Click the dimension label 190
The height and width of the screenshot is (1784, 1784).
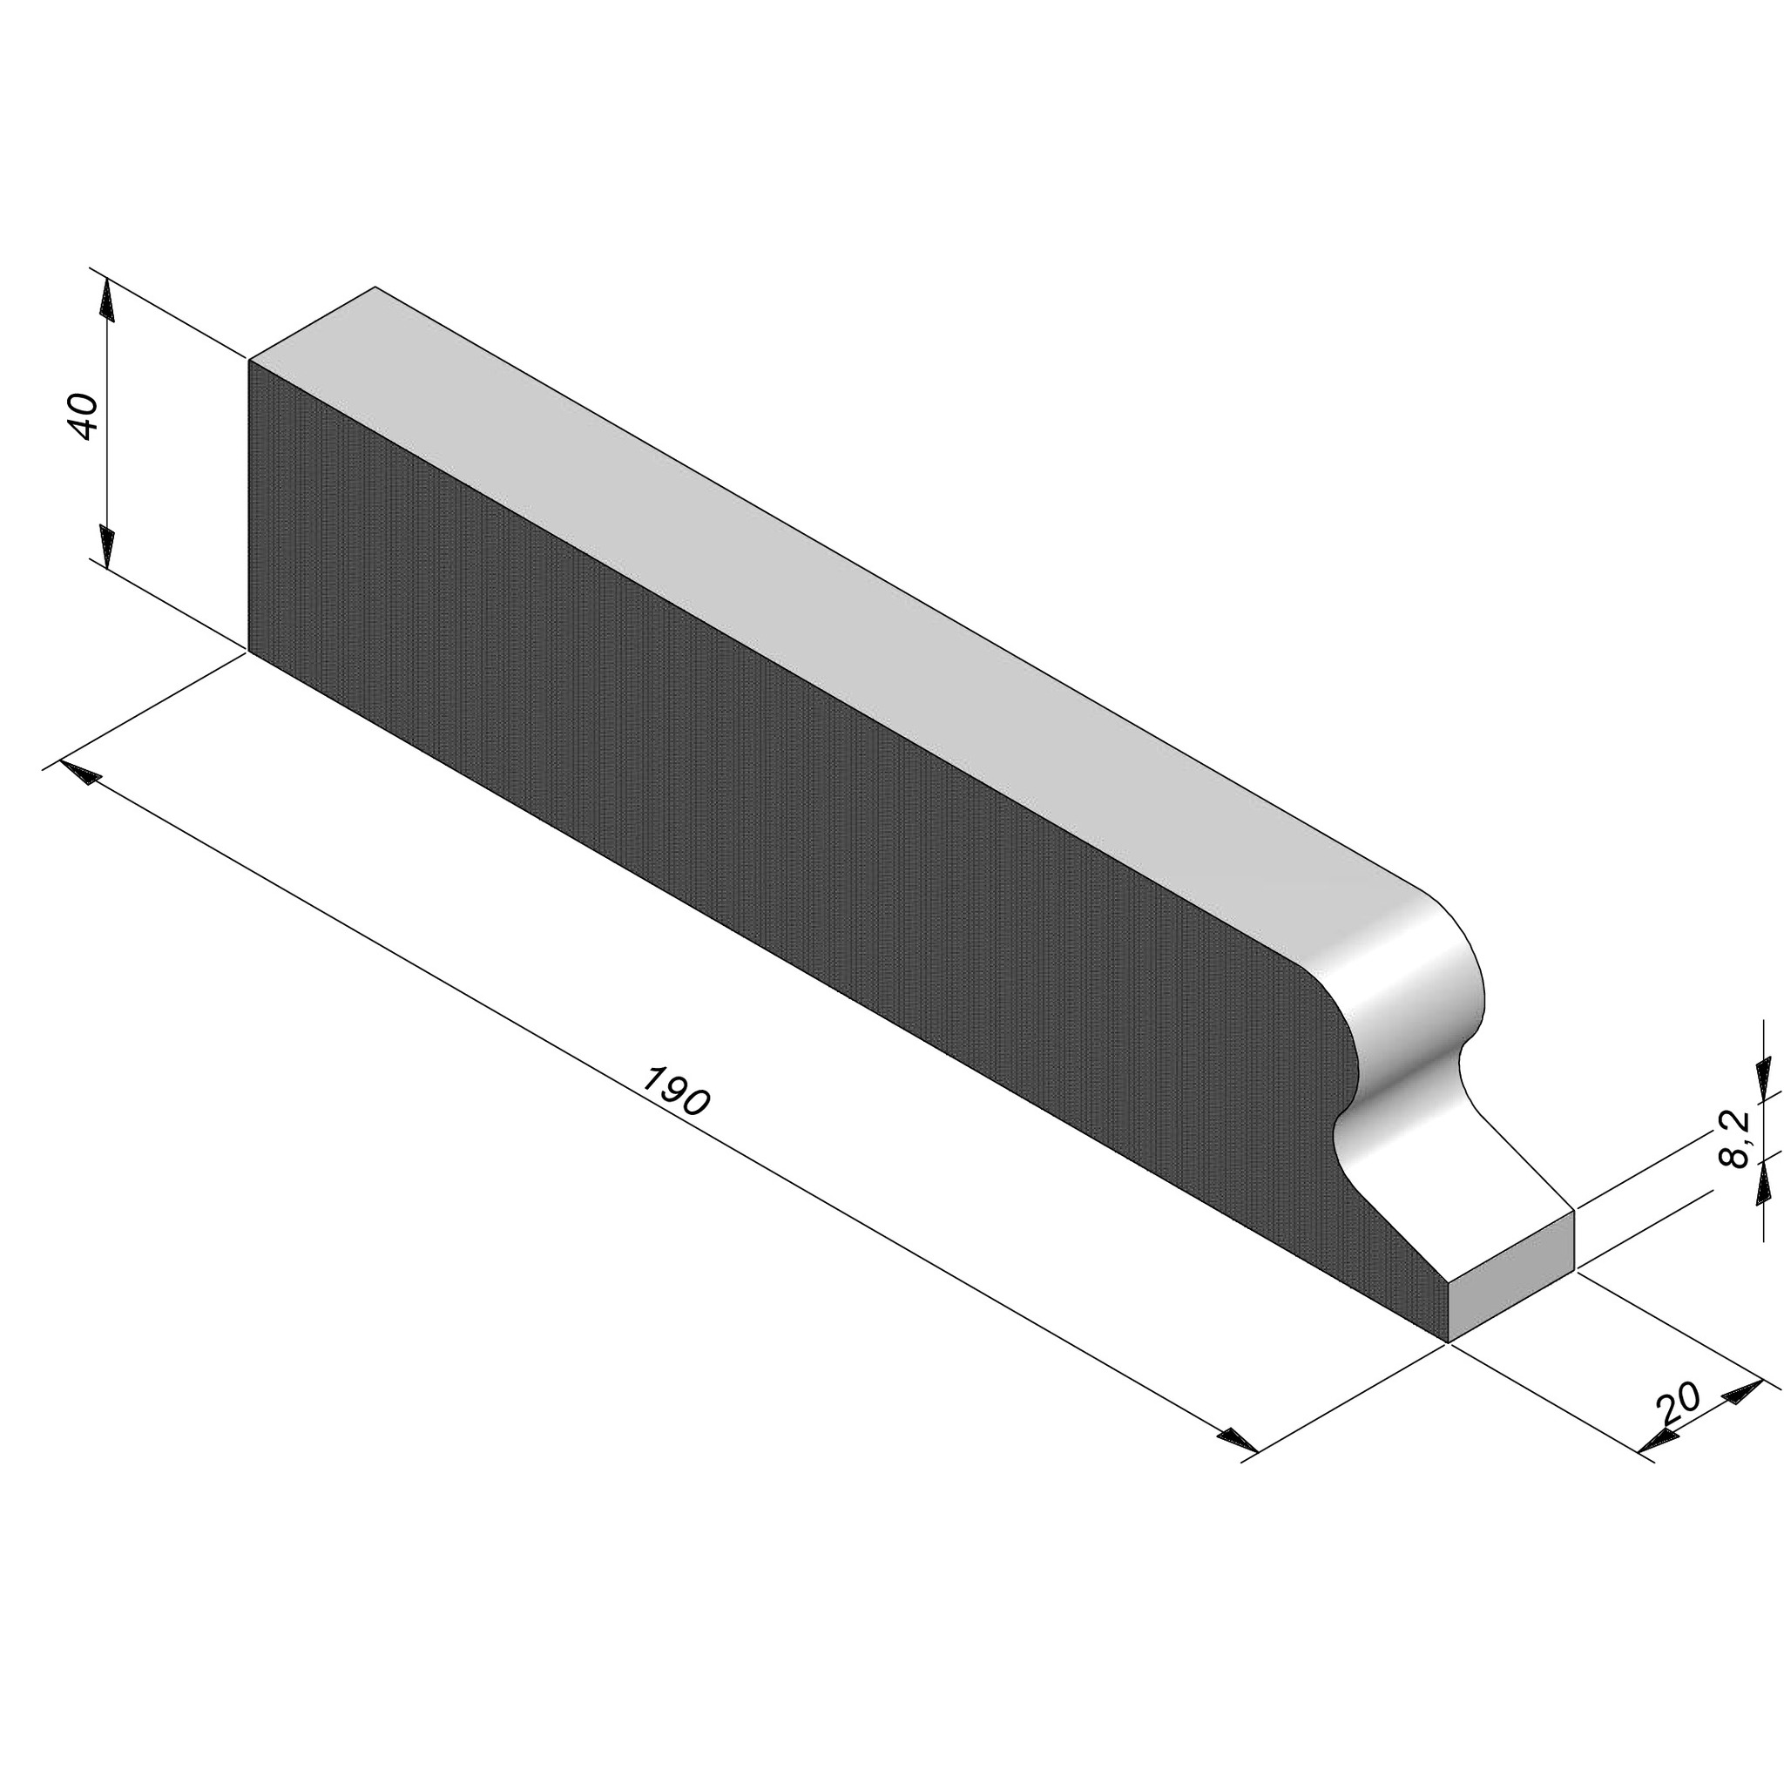pos(676,1091)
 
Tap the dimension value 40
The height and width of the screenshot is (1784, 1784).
pos(84,416)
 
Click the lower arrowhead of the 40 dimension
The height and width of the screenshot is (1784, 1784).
pos(107,549)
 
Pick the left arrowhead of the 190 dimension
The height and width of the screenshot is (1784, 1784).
pos(79,771)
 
